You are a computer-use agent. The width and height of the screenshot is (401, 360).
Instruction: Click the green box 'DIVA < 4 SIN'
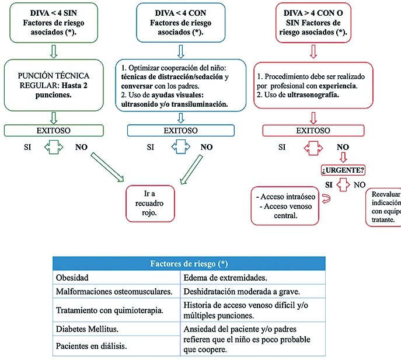[x=54, y=23]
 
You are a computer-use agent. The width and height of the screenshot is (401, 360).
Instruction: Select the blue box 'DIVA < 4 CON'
[x=180, y=23]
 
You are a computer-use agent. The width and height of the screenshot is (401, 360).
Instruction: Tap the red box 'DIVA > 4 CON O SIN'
[x=313, y=23]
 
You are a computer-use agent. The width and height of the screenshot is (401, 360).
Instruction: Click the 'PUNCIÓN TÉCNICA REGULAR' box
[x=54, y=85]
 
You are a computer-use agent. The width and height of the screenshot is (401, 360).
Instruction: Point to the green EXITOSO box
[x=54, y=130]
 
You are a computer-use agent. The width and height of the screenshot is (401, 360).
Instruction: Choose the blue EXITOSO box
[x=181, y=130]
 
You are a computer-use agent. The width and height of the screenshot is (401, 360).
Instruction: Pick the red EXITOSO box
[x=313, y=130]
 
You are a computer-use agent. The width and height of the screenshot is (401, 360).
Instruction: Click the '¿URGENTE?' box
[x=343, y=170]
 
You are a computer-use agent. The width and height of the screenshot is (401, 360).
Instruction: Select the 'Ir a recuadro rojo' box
[x=150, y=203]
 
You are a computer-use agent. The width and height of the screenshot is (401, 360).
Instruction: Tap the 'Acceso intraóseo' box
[x=285, y=206]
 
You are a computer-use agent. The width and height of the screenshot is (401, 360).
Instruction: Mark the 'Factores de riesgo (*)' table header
[x=189, y=264]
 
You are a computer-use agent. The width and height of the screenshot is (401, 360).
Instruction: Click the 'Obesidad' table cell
[x=117, y=277]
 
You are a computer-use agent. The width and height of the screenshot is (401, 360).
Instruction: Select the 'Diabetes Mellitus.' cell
[x=117, y=329]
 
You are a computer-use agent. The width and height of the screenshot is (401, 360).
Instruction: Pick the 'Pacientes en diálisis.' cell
[x=117, y=345]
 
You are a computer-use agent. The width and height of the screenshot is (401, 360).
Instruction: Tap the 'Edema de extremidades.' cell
[x=253, y=277]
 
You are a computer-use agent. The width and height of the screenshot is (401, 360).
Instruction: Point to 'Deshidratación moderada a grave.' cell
[x=253, y=291]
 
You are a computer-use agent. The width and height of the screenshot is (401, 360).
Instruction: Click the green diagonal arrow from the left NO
[x=107, y=167]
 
